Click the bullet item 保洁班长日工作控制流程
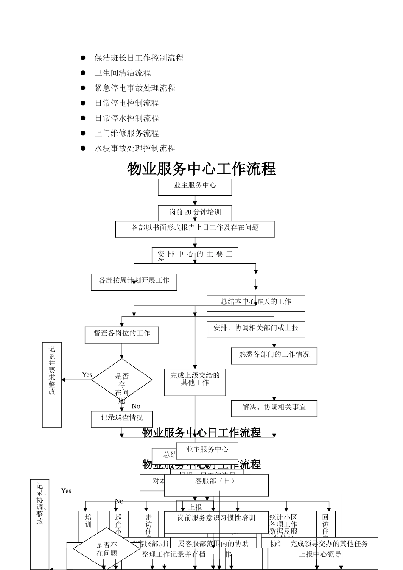(139, 58)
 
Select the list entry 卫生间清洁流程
(123, 73)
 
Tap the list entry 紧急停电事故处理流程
(134, 88)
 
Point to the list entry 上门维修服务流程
(126, 133)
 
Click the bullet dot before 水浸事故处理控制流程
(83, 148)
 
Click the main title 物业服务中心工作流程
(201, 169)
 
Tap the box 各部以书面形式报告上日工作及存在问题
(195, 229)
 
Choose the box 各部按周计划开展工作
(134, 282)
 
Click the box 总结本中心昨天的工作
(256, 302)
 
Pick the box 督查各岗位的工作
(122, 334)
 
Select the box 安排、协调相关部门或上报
(256, 329)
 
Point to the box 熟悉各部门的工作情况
(274, 355)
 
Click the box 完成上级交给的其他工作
(195, 382)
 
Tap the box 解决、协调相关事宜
(274, 408)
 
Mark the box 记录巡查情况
(122, 419)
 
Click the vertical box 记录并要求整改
(52, 384)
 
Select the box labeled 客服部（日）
(216, 484)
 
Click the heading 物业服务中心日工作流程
(201, 433)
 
